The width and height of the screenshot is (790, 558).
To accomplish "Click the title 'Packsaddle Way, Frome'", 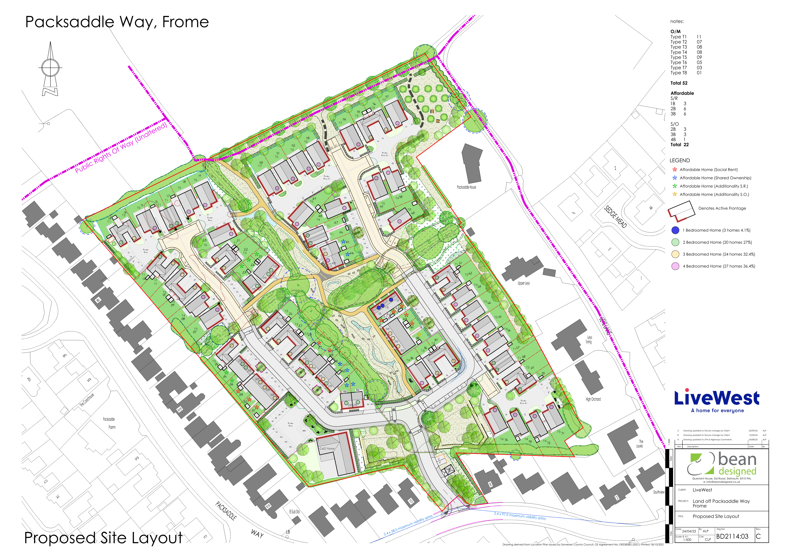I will tap(117, 22).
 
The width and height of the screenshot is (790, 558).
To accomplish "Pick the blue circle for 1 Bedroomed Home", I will tap(675, 230).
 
